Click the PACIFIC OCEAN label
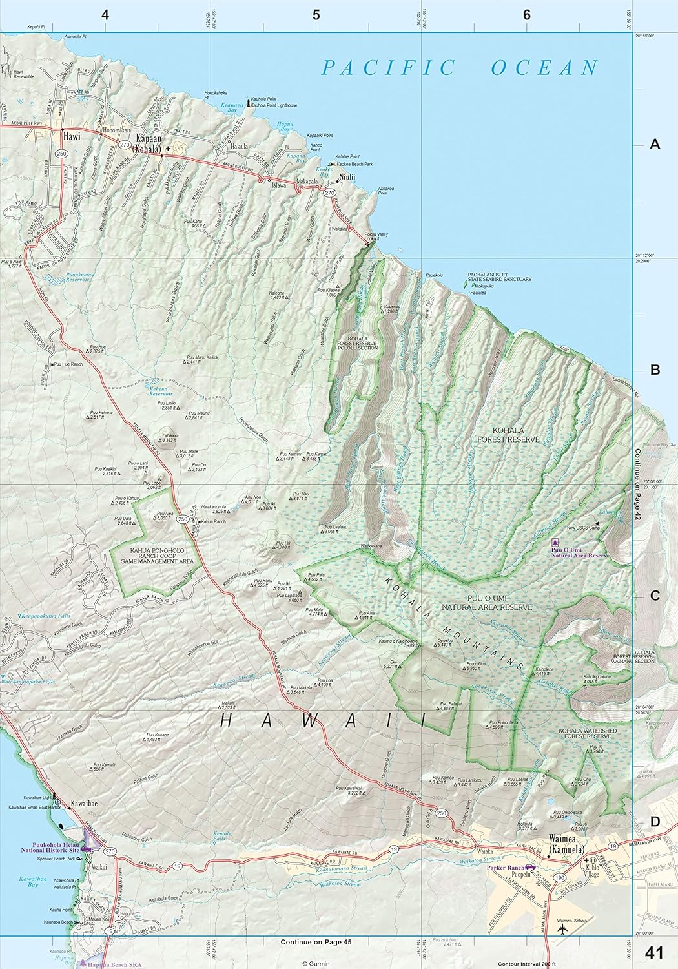click(461, 68)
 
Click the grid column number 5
click(316, 15)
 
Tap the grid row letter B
click(655, 370)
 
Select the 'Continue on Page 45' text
click(316, 942)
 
